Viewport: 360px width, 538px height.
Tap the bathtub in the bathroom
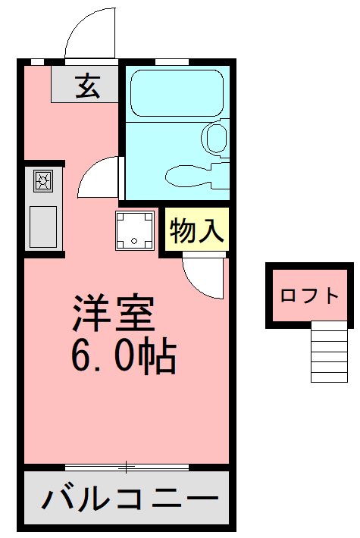(176, 92)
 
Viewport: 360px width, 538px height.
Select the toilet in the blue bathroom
(215, 139)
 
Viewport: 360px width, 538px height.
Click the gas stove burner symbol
(42, 180)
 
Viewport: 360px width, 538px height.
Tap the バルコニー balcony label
(124, 499)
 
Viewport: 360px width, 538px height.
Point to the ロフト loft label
(309, 296)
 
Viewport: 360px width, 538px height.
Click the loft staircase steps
(329, 352)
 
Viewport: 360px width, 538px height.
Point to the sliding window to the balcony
(126, 465)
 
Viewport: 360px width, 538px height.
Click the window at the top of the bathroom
(172, 61)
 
